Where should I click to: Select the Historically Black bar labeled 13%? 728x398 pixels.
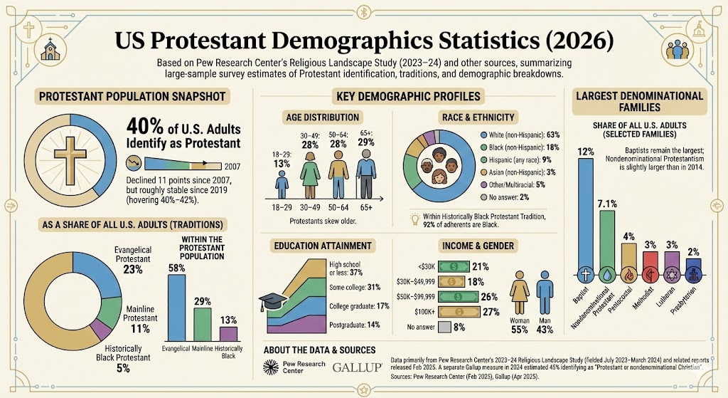click(x=228, y=333)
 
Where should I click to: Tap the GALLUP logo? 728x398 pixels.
click(x=357, y=368)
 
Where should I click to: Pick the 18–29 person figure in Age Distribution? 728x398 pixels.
click(x=282, y=183)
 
